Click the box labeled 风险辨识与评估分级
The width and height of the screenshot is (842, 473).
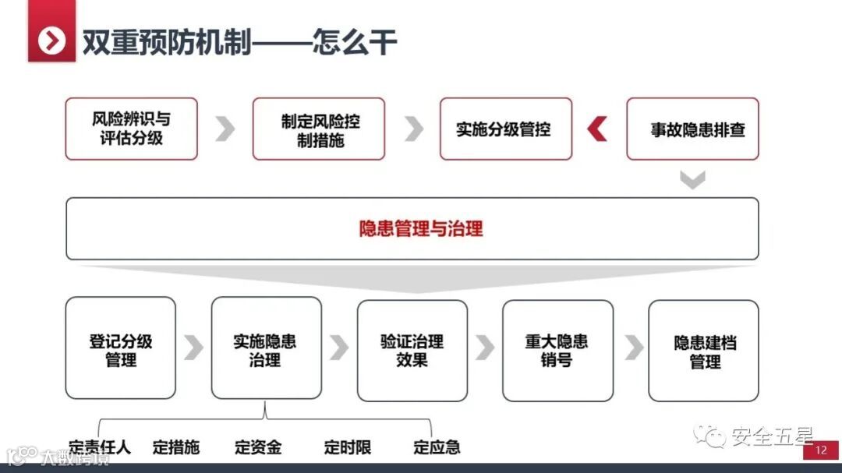coord(131,129)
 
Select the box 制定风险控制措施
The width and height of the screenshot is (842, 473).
coord(318,129)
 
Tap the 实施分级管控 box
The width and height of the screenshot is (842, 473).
coord(505,129)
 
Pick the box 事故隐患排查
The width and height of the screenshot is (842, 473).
coord(692,129)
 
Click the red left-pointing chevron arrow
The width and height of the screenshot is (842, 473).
coord(598,129)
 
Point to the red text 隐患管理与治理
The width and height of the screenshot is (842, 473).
coord(421,228)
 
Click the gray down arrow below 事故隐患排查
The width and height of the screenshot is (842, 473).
coord(692,180)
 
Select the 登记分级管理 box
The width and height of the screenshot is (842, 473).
coord(121,350)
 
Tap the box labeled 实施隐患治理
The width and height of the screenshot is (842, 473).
coord(266,350)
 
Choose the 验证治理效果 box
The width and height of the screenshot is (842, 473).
coord(412,350)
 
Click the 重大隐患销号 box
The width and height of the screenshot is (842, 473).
coord(557,350)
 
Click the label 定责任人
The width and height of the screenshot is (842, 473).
coord(100,447)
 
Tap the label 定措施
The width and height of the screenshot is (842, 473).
coord(176,447)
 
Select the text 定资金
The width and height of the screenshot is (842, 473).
coord(258,447)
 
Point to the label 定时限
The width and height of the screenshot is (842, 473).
coord(348,447)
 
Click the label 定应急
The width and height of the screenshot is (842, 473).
coord(437,447)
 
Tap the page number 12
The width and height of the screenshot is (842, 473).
coord(820,450)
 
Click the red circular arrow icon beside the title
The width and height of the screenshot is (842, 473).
coord(52,41)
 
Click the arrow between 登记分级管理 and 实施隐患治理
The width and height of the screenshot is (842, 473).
coord(193,348)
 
